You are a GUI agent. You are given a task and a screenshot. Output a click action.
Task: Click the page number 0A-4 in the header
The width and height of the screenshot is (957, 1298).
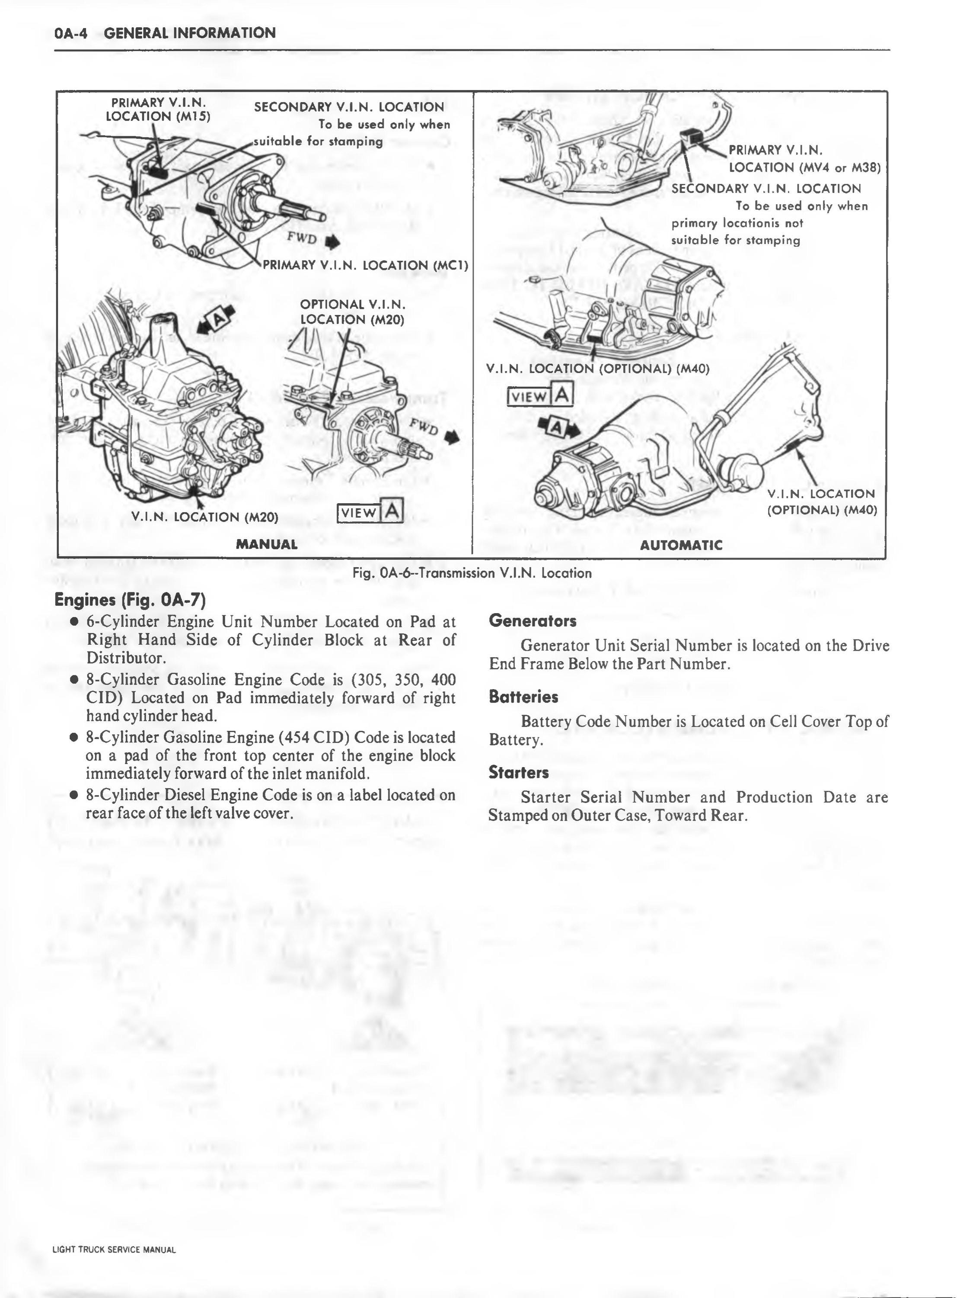(x=70, y=33)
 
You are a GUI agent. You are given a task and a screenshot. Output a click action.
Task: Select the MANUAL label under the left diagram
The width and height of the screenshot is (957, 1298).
(x=267, y=544)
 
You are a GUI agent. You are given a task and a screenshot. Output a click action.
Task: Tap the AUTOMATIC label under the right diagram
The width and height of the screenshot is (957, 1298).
(x=681, y=544)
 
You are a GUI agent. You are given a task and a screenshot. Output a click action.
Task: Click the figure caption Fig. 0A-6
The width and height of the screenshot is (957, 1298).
(x=472, y=573)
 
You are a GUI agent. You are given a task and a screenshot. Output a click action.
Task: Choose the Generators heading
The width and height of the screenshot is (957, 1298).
(x=533, y=621)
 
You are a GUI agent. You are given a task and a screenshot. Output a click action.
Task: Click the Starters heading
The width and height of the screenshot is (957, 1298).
(x=518, y=772)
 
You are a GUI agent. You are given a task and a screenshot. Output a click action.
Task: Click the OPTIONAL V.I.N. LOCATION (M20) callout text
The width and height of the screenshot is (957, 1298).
(x=352, y=312)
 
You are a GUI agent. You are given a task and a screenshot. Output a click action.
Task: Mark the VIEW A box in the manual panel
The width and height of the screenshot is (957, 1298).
(x=370, y=511)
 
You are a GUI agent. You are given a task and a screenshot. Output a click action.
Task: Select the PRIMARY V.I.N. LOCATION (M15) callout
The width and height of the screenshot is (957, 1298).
(x=158, y=109)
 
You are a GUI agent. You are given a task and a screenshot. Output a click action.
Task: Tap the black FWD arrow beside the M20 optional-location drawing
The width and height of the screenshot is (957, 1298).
(x=452, y=437)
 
